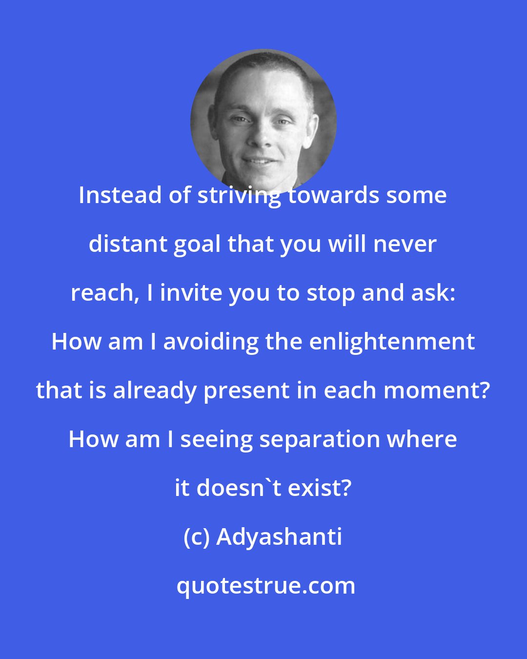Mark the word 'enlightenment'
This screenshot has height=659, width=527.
tap(392, 342)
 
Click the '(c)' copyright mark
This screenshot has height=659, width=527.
tap(197, 537)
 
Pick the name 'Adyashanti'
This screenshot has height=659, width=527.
tap(279, 537)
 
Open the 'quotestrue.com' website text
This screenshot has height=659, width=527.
tap(265, 586)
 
